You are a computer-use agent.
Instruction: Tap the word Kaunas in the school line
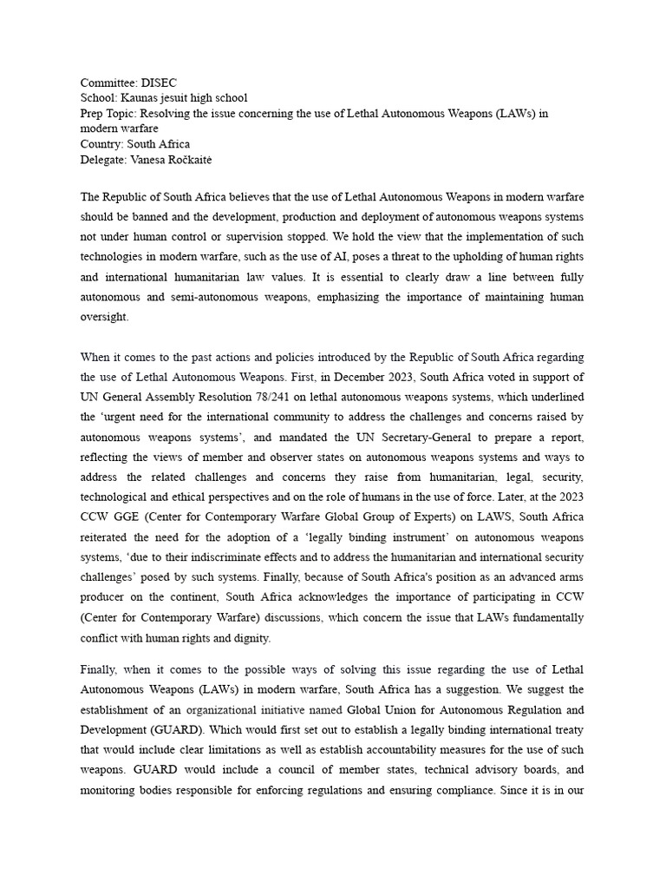click(x=137, y=99)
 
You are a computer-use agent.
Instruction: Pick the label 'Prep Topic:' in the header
click(x=108, y=114)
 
